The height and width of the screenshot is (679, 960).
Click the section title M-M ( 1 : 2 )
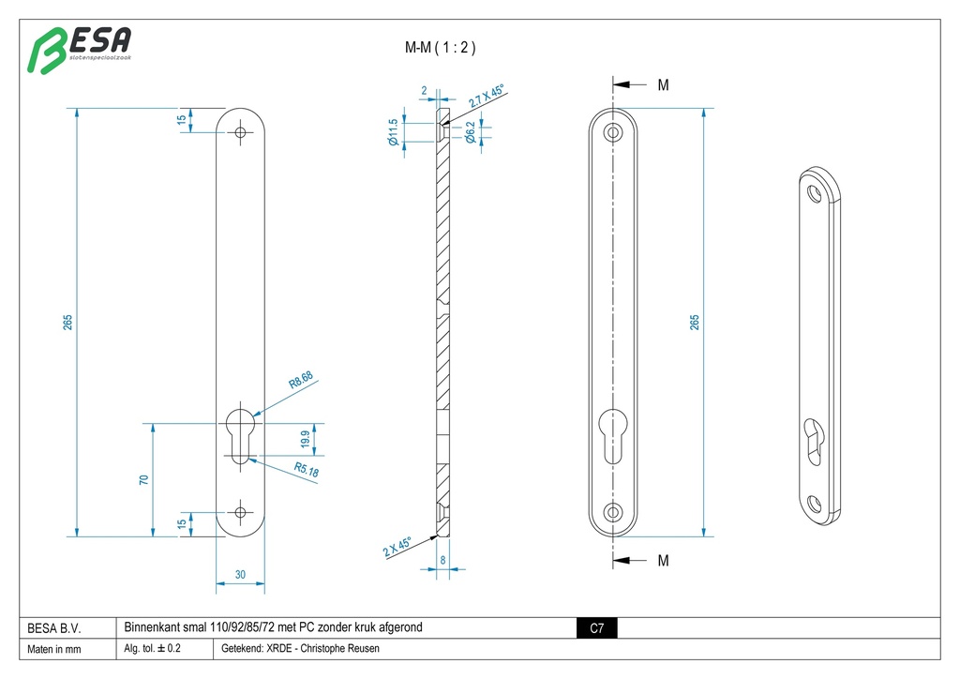(x=440, y=48)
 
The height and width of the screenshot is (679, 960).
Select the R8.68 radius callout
(x=301, y=381)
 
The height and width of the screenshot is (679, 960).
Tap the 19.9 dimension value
(x=305, y=439)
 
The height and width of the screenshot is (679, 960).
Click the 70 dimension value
(x=143, y=479)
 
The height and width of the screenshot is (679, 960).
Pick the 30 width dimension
(x=240, y=575)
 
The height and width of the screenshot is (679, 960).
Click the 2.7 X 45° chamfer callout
(x=486, y=99)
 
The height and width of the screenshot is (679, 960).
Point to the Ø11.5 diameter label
(x=394, y=133)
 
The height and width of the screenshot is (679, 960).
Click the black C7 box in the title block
(x=596, y=628)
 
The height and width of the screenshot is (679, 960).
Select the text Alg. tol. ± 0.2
(x=153, y=649)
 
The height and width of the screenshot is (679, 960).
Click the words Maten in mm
(x=54, y=649)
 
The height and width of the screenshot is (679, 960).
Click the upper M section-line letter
(x=663, y=85)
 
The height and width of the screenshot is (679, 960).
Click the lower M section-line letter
(x=663, y=561)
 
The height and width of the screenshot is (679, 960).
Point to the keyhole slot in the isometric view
(x=814, y=438)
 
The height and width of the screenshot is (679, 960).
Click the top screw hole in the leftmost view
(x=241, y=133)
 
